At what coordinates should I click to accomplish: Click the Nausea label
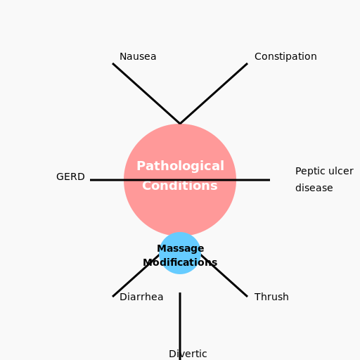pos(138,57)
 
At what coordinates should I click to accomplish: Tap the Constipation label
pos(285,57)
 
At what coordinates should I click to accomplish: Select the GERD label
pos(70,177)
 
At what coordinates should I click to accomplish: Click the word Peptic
pos(309,172)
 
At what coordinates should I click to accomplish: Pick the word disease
pos(314,188)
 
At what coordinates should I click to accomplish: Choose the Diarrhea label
pos(141,297)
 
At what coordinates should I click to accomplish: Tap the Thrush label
pos(271,297)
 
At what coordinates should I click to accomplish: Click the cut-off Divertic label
pos(188,354)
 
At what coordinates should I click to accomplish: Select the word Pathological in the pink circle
pos(180,166)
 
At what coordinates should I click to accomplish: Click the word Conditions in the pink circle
pos(180,186)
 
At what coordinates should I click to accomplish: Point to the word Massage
pos(180,248)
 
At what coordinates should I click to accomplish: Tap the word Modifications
pos(180,263)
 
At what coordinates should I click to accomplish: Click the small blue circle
pos(169,268)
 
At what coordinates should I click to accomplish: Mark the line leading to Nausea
pos(146,94)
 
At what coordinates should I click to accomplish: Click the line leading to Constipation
pos(214,94)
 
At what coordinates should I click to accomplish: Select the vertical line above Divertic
pos(180,316)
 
